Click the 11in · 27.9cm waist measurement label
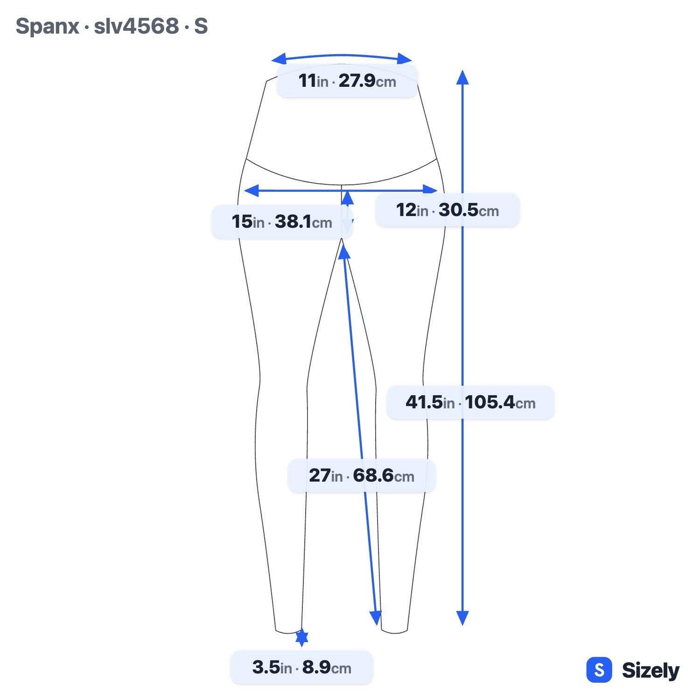pos(347,81)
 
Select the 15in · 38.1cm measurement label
pos(282,222)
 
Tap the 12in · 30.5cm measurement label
pos(448,210)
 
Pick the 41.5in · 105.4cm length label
pos(470,402)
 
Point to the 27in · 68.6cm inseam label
pos(362,476)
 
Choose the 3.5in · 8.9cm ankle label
pos(302,667)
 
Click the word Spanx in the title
pos(47,27)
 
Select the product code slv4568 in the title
pos(136,26)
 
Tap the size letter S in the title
pos(201,26)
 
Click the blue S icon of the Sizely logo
pos(599,670)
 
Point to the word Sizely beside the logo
pos(651,671)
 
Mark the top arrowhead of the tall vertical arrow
pos(462,77)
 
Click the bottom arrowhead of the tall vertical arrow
pos(462,618)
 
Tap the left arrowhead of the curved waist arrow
pos(279,59)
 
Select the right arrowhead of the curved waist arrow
pos(405,58)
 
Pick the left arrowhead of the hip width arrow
pos(251,190)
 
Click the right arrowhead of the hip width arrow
pos(430,190)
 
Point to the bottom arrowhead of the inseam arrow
pos(376,618)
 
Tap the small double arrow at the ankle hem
pos(302,638)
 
